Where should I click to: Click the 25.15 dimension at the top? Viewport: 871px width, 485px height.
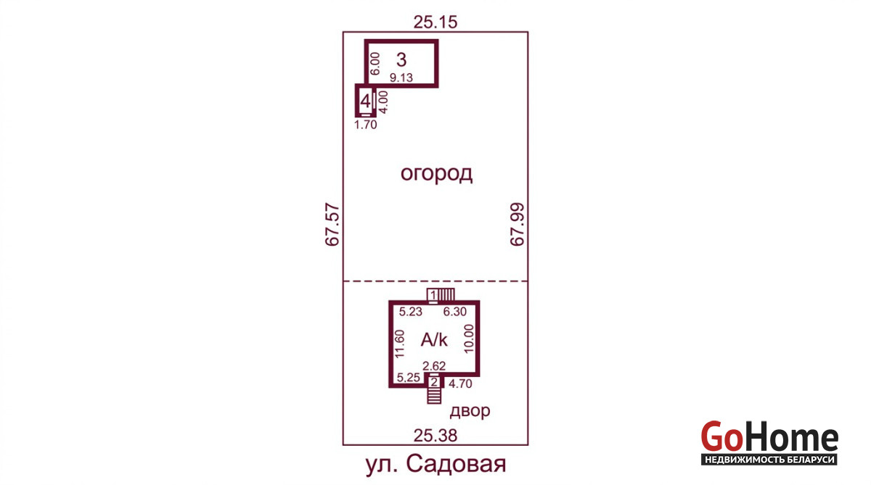[x=435, y=22]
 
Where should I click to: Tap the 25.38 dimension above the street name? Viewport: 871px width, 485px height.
[x=435, y=436]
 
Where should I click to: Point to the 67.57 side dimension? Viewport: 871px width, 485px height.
[x=332, y=225]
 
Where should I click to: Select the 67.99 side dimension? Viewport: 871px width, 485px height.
[x=517, y=225]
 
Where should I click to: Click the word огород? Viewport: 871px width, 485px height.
[x=436, y=173]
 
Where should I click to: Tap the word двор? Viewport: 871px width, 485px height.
[x=470, y=411]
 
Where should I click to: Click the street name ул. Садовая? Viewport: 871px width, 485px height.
[x=436, y=464]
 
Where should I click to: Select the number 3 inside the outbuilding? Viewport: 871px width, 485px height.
[x=401, y=59]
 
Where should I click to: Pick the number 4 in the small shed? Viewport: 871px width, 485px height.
[x=365, y=101]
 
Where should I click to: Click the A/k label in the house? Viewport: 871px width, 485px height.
[x=434, y=340]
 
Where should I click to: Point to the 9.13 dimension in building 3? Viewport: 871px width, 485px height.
[x=401, y=78]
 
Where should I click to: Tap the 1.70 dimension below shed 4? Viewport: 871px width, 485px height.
[x=366, y=125]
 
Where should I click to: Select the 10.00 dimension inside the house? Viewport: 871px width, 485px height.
[x=469, y=339]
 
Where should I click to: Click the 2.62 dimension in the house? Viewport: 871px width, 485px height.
[x=434, y=366]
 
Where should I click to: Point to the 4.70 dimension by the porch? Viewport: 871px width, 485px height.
[x=460, y=384]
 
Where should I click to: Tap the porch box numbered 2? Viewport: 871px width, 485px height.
[x=434, y=383]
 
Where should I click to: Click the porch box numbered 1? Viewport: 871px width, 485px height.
[x=433, y=295]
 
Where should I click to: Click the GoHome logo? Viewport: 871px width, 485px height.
[x=769, y=443]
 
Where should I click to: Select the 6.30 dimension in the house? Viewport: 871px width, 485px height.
[x=455, y=312]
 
